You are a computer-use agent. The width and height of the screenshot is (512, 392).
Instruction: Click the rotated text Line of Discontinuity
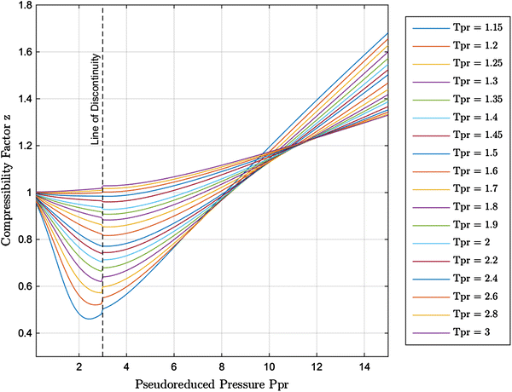(96, 100)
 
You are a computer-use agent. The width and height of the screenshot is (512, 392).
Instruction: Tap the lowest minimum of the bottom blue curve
(89, 319)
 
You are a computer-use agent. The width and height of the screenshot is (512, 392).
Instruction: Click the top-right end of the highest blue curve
(387, 33)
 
